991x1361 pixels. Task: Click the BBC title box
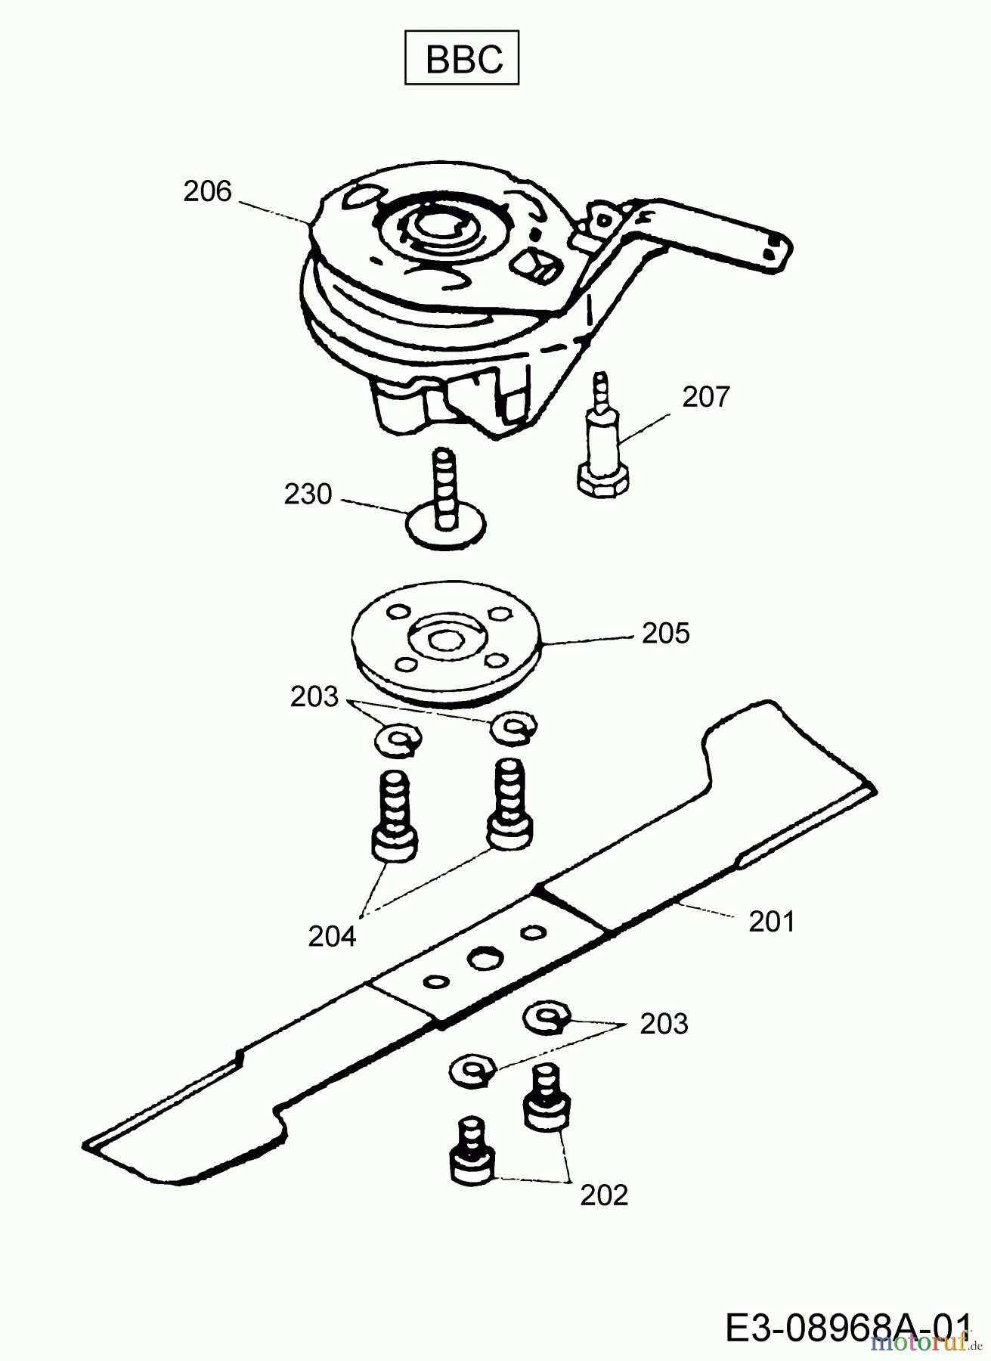click(x=462, y=57)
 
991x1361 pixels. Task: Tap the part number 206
click(x=207, y=191)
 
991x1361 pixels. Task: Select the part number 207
click(x=706, y=396)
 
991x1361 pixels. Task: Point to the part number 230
click(x=308, y=494)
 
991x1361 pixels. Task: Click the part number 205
click(x=666, y=633)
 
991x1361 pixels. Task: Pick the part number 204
click(x=332, y=936)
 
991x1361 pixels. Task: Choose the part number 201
click(x=772, y=922)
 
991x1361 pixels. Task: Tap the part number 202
click(x=604, y=1195)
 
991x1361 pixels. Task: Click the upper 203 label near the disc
click(x=314, y=696)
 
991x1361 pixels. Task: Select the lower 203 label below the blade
click(x=664, y=1024)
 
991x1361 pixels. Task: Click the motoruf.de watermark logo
click(x=918, y=1343)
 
